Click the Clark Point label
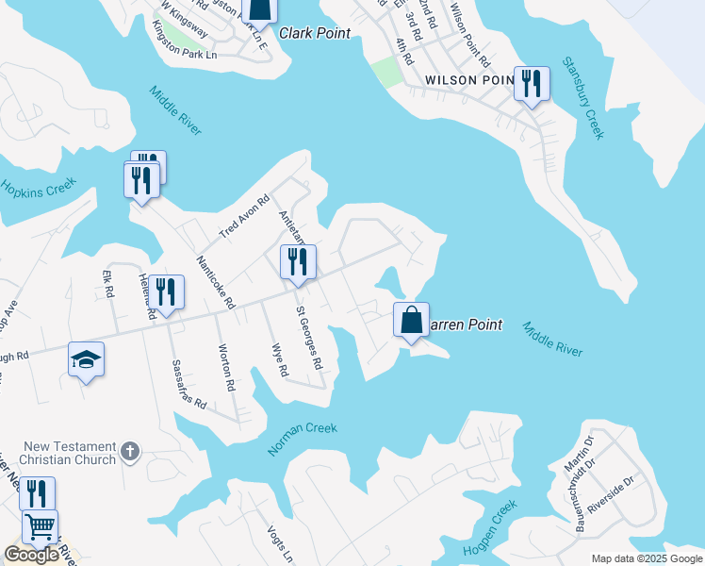(x=315, y=33)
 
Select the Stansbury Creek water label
(x=582, y=98)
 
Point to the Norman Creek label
(x=302, y=440)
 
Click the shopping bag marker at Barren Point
(x=412, y=321)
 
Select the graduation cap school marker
(x=86, y=360)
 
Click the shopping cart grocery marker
(x=40, y=528)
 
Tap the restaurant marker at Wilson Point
(x=532, y=85)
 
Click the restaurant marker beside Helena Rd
(x=166, y=292)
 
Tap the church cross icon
(x=130, y=453)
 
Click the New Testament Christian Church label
(x=69, y=453)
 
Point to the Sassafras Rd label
(x=189, y=383)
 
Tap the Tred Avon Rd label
(x=244, y=217)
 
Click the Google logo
(x=31, y=555)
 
